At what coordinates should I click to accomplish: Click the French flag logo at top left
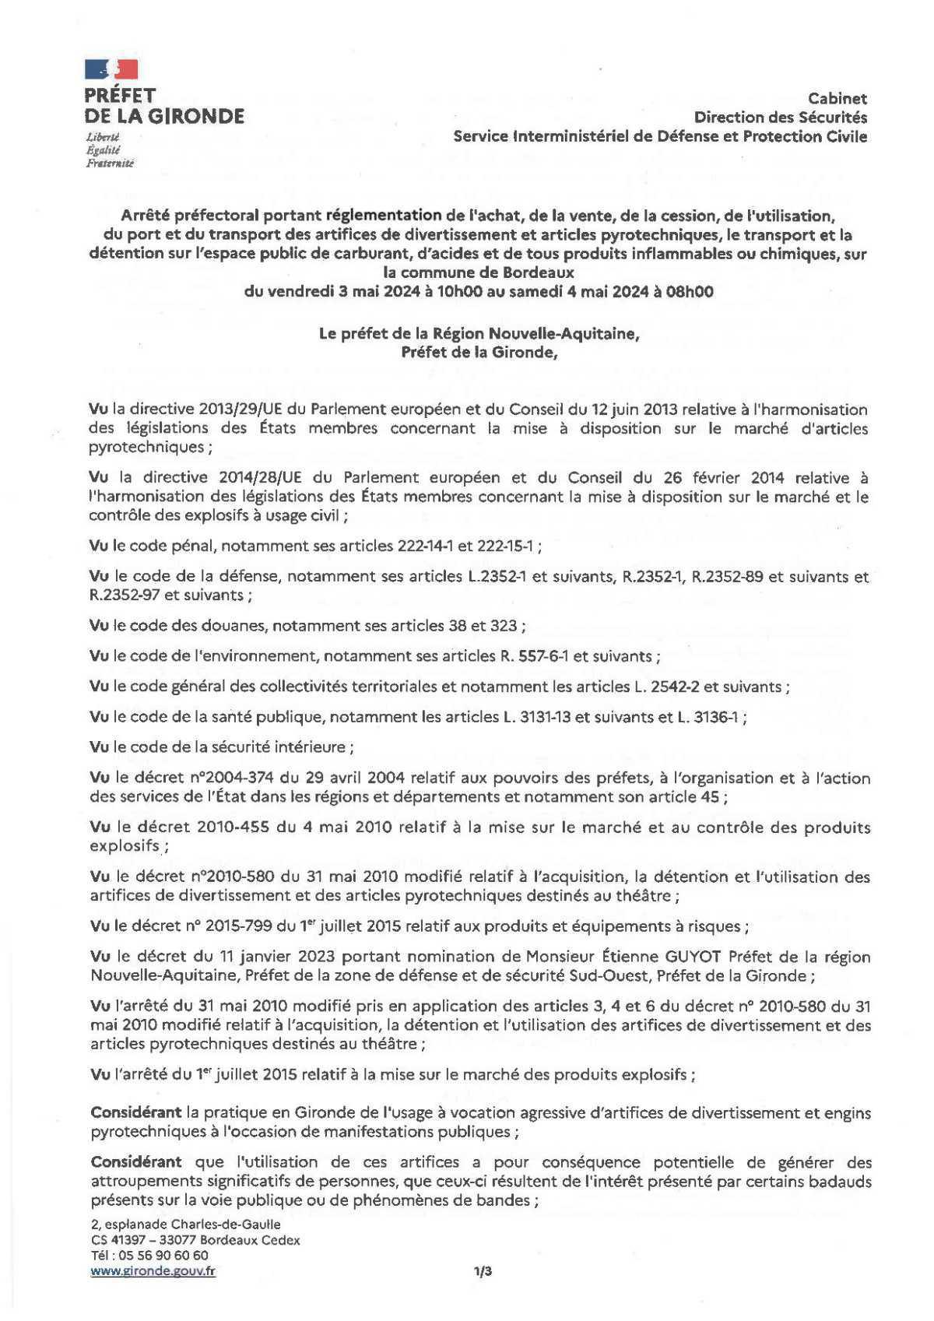coord(111,69)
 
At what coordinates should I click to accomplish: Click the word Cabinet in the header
coord(837,99)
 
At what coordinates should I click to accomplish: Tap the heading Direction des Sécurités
coord(780,118)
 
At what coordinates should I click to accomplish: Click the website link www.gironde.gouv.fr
coord(153,1271)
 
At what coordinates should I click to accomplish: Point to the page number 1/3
coord(483,1272)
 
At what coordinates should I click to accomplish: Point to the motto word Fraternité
coord(109,163)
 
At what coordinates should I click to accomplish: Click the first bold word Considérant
coord(135,1113)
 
